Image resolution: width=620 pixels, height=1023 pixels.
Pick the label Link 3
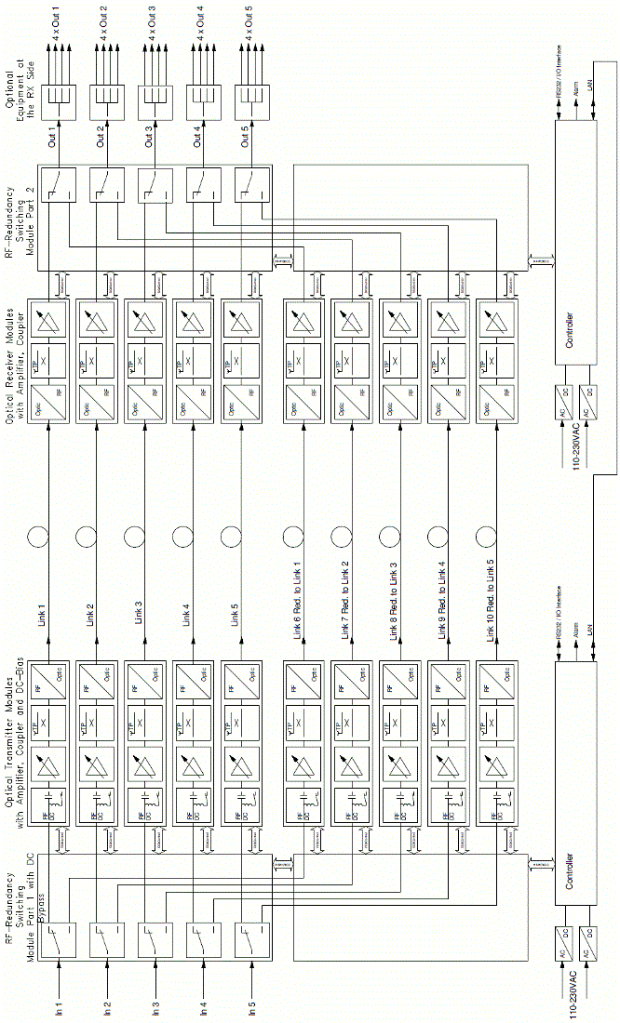click(x=138, y=615)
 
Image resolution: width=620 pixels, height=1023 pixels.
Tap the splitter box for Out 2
click(x=106, y=96)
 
